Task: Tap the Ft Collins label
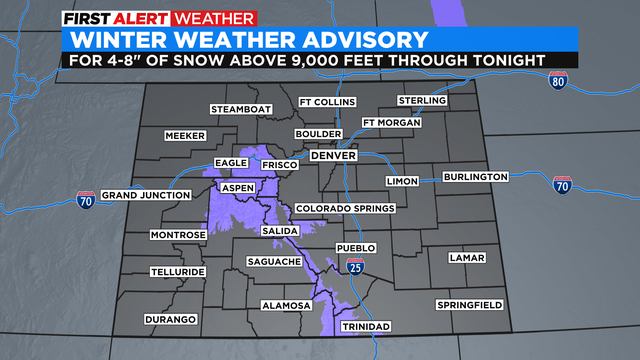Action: (x=325, y=103)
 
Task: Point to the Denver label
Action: (x=334, y=157)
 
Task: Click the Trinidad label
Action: (x=365, y=327)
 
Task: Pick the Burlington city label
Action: (x=476, y=177)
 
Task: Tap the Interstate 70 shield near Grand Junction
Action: (x=85, y=201)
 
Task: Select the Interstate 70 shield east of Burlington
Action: (x=562, y=185)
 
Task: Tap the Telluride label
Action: (x=178, y=271)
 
